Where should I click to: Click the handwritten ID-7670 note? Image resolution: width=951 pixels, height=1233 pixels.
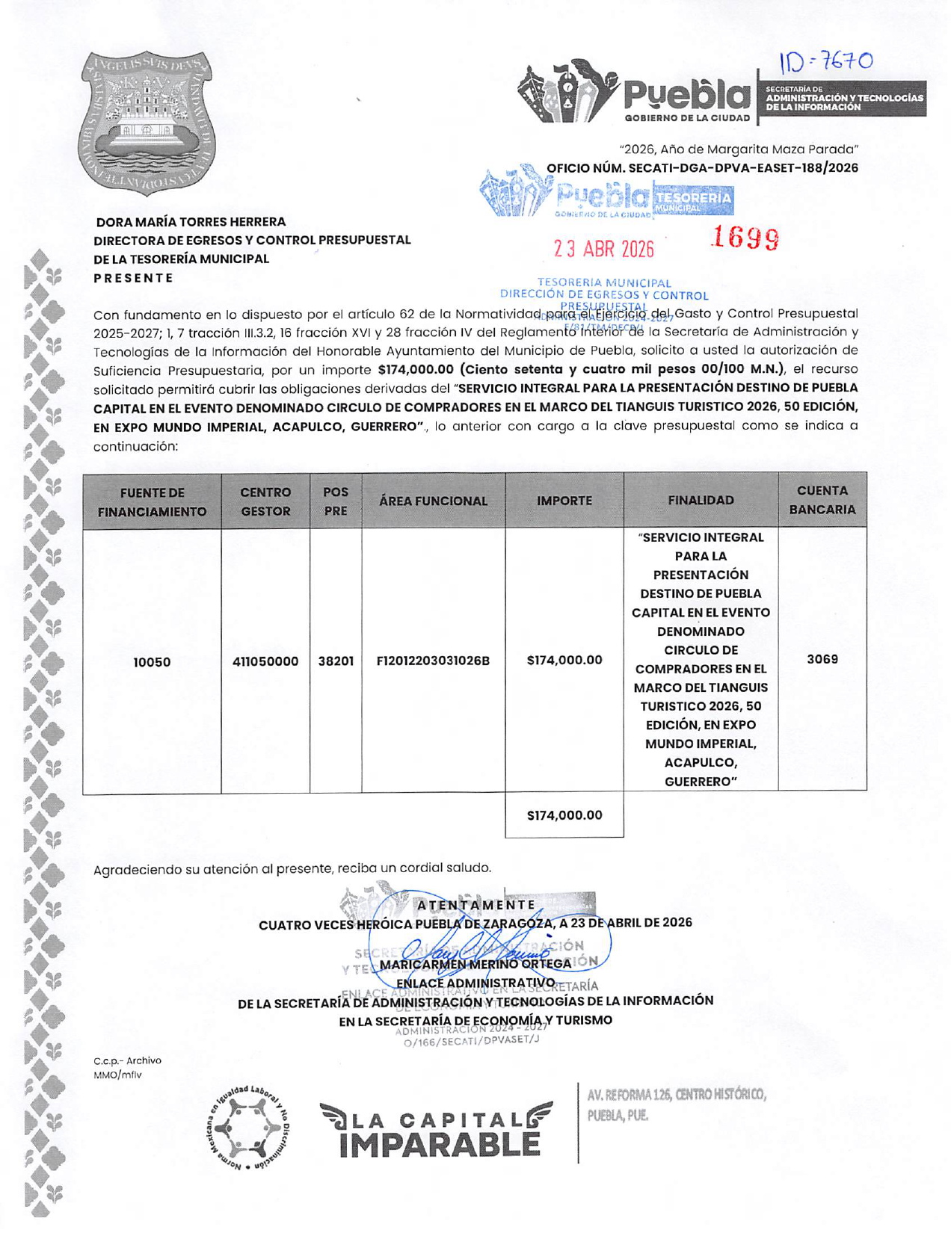[x=825, y=61]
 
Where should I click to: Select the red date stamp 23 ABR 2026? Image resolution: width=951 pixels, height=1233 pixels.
[x=603, y=249]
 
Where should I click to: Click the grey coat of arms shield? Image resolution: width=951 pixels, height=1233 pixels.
[x=147, y=123]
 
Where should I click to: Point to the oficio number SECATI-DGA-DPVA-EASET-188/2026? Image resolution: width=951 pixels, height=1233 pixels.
[x=702, y=168]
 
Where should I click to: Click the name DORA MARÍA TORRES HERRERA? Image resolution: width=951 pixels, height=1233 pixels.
[x=191, y=222]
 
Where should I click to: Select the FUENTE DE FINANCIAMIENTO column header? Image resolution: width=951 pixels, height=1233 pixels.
[x=152, y=502]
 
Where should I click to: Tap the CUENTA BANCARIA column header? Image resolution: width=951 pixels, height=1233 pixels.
[x=822, y=500]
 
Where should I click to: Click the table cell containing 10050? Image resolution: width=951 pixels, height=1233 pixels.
[x=152, y=662]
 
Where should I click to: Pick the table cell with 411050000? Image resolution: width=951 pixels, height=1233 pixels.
[x=265, y=661]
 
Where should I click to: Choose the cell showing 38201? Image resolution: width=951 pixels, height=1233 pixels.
[x=336, y=661]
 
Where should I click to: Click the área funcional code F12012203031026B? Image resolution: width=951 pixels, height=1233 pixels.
[x=433, y=661]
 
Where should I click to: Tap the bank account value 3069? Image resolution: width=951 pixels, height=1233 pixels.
[x=822, y=659]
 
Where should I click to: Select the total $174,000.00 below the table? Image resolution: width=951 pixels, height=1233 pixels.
[x=564, y=815]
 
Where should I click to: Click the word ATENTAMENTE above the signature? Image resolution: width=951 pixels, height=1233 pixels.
[x=476, y=905]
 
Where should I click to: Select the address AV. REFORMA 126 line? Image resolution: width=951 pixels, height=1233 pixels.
[x=676, y=1096]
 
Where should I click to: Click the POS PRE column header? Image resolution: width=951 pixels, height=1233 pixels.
[x=336, y=501]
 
